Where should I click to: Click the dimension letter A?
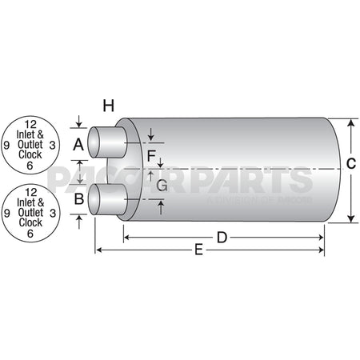tap(78, 145)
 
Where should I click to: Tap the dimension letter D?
tap(223, 237)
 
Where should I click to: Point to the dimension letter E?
tap(199, 251)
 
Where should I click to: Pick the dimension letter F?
tap(151, 154)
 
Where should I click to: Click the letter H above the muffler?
tap(109, 105)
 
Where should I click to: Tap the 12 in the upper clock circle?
tap(30, 123)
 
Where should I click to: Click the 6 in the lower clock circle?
tap(30, 234)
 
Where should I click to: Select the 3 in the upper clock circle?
tap(52, 145)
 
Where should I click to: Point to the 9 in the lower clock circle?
tap(7, 214)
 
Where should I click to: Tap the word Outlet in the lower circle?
tap(30, 213)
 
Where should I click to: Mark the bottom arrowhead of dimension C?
tap(350, 217)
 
